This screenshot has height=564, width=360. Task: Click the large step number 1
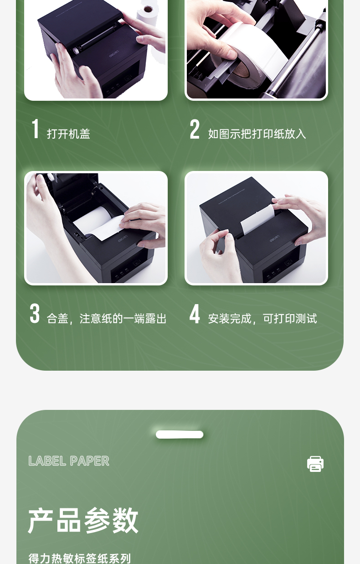[x=36, y=129]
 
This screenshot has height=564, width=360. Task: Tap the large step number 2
[x=195, y=129]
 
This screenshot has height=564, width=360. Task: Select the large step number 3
[x=35, y=313]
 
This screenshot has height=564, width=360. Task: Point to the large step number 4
[x=195, y=314]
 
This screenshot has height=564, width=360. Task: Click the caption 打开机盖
[x=68, y=134]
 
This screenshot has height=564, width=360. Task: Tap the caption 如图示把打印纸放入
[x=257, y=134]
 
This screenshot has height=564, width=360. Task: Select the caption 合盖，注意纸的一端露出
[x=107, y=319]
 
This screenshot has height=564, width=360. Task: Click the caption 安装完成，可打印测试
[x=262, y=319]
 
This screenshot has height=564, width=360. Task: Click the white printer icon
[x=315, y=464]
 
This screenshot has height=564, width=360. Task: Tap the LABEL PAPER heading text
[x=69, y=461]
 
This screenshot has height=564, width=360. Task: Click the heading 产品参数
[x=83, y=520]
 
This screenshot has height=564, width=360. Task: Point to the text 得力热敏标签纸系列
[x=79, y=558]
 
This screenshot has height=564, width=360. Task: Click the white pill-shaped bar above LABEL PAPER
[x=180, y=435]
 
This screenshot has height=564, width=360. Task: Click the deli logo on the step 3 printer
[x=123, y=239]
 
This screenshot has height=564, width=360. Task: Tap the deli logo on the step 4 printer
[x=275, y=239]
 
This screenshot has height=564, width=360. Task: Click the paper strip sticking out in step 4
[x=257, y=219]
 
